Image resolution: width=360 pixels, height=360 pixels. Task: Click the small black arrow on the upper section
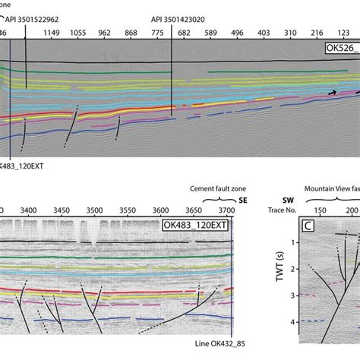(331, 92)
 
